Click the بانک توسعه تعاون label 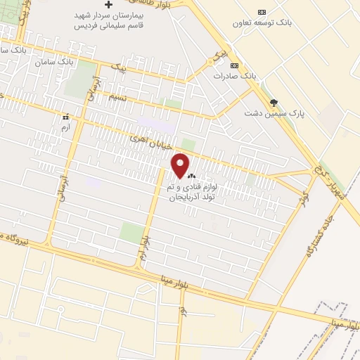pos(262,22)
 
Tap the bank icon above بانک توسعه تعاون pos(262,12)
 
